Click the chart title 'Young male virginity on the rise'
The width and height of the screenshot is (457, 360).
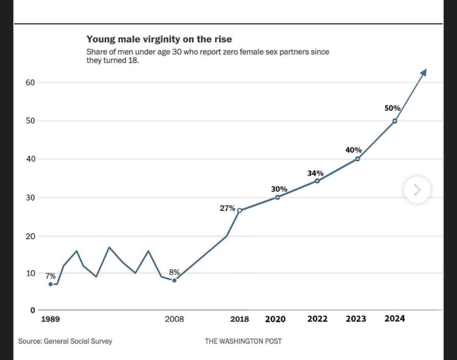pyautogui.click(x=159, y=39)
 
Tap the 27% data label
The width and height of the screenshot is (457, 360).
pyautogui.click(x=227, y=208)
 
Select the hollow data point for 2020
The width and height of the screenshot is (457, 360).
pyautogui.click(x=277, y=197)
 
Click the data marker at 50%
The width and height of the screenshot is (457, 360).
pyautogui.click(x=395, y=121)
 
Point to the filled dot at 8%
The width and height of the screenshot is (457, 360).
pyautogui.click(x=174, y=280)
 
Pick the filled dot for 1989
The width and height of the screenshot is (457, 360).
pyautogui.click(x=50, y=284)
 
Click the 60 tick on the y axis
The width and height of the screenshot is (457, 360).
pyautogui.click(x=30, y=83)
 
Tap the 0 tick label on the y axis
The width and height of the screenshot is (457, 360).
pyautogui.click(x=32, y=310)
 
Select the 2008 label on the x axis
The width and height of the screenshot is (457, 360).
pyautogui.click(x=174, y=319)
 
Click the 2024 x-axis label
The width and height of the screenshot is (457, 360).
pyautogui.click(x=394, y=318)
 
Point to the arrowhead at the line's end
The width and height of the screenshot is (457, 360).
pyautogui.click(x=424, y=72)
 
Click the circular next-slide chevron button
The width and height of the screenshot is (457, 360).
pyautogui.click(x=417, y=190)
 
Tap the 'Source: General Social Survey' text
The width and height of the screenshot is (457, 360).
pyautogui.click(x=65, y=341)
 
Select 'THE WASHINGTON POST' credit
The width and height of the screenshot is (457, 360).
pyautogui.click(x=243, y=341)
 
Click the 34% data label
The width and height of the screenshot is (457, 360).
pyautogui.click(x=316, y=173)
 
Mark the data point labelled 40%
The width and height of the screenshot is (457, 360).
pyautogui.click(x=358, y=159)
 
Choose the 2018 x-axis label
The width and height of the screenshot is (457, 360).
pyautogui.click(x=240, y=319)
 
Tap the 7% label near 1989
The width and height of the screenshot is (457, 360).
pyautogui.click(x=50, y=276)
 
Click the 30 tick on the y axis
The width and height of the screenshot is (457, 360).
pyautogui.click(x=30, y=198)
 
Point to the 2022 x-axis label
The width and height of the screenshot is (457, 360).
pyautogui.click(x=318, y=319)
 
